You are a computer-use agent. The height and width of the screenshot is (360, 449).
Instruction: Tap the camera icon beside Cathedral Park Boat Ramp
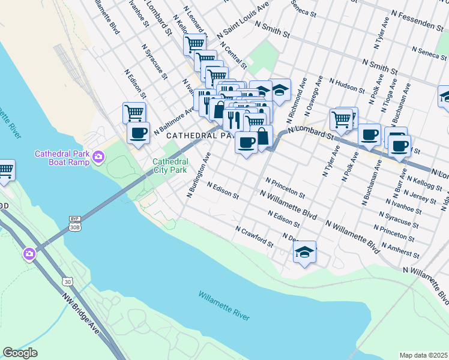click(98, 158)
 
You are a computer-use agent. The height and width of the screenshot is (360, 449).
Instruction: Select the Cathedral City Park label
click(170, 166)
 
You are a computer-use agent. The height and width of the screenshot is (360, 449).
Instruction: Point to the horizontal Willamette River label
click(224, 305)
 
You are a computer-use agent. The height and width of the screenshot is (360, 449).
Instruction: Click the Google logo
click(20, 353)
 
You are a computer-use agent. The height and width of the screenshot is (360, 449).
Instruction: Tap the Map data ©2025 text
click(424, 355)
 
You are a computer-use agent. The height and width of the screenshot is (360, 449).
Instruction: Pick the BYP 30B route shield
click(74, 223)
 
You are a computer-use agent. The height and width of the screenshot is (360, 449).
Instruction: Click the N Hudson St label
click(347, 86)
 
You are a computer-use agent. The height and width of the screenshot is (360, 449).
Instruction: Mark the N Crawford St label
click(255, 237)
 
